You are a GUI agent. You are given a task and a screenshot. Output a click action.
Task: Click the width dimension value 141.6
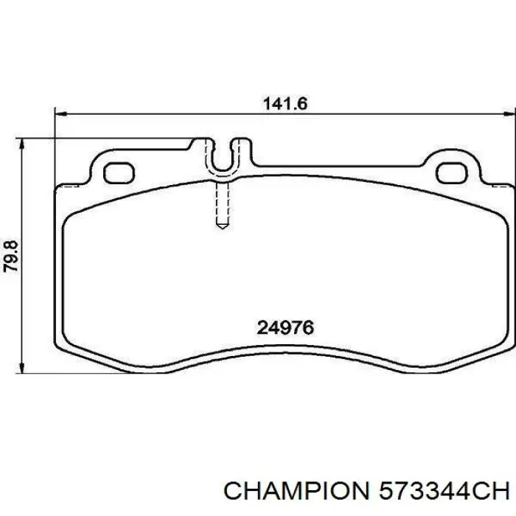(285, 104)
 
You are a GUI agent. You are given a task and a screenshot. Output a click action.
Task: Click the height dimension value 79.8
(11, 257)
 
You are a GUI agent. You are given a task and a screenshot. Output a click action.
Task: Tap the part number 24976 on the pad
(285, 328)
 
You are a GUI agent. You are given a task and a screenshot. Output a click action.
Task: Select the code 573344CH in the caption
(444, 492)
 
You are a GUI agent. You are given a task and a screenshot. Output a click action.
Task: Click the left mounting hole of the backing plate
(119, 173)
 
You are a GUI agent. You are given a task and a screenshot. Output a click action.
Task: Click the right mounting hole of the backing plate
(452, 173)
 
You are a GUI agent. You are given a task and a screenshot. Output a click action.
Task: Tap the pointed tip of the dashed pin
(222, 228)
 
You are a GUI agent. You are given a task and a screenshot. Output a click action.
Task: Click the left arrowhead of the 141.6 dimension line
(60, 114)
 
